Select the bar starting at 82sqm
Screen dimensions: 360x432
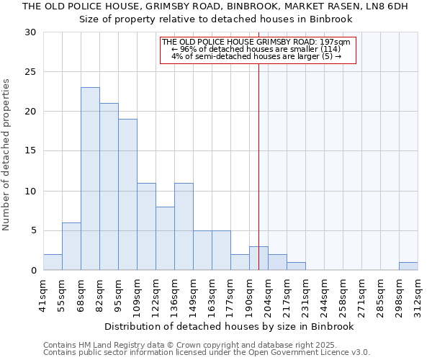pyautogui.click(x=109, y=186)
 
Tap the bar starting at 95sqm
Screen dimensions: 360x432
pyautogui.click(x=127, y=194)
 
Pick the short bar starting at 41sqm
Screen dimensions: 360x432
pyautogui.click(x=53, y=262)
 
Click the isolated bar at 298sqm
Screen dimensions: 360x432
pyautogui.click(x=408, y=266)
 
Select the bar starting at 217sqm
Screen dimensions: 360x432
pyautogui.click(x=296, y=266)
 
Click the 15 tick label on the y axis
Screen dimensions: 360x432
pyautogui.click(x=30, y=151)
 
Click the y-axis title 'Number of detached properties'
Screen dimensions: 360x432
pyautogui.click(x=7, y=155)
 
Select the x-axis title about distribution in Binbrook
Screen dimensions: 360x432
pyautogui.click(x=230, y=326)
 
